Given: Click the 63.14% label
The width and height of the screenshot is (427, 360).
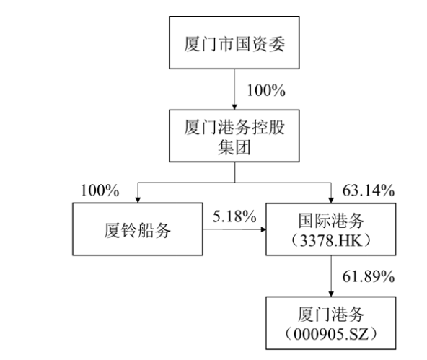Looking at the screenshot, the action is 368,190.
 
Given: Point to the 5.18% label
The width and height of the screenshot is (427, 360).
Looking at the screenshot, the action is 234,216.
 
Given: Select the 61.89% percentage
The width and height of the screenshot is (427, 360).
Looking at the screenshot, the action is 368,276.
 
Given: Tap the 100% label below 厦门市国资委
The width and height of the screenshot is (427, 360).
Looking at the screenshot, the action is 266,90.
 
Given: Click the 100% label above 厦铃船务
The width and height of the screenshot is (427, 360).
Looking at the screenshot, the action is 100,190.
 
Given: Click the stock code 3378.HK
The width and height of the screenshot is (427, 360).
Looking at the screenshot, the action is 331,241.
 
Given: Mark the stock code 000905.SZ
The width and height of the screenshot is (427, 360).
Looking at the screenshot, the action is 331,334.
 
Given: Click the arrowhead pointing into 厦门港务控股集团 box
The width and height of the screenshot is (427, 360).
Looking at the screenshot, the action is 234,107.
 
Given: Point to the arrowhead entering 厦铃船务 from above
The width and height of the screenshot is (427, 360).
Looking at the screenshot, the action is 138,200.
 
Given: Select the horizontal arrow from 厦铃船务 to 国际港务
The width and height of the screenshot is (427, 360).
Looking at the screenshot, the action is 234,229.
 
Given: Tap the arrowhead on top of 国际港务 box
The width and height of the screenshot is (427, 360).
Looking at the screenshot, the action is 331,200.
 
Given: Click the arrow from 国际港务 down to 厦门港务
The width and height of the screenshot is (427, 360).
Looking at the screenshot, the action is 331,276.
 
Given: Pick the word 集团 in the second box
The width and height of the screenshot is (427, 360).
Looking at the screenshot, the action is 234,148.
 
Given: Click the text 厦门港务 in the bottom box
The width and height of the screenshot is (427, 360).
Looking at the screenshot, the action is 331,314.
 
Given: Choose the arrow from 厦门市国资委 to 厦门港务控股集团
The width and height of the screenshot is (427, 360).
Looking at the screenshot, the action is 234,89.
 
